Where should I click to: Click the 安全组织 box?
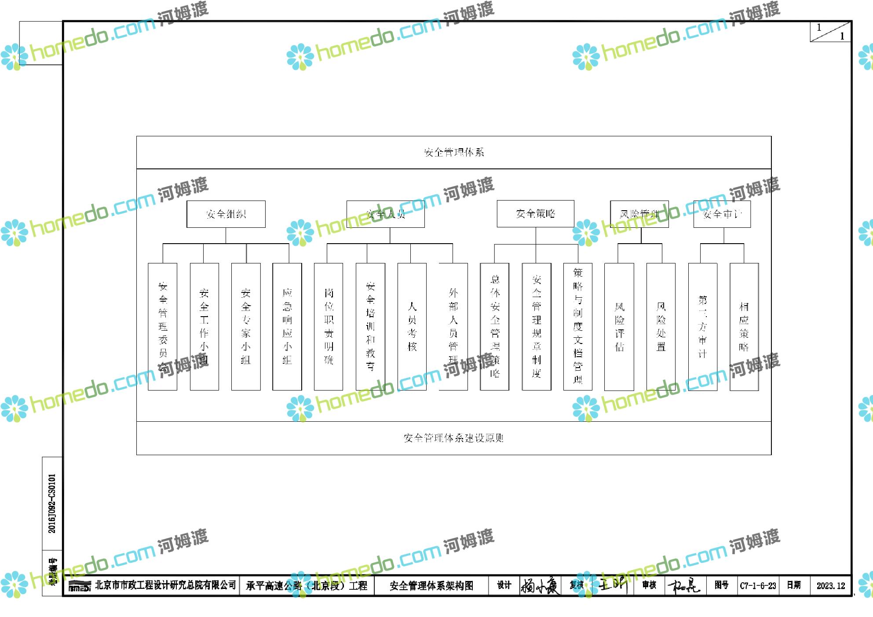point(226,214)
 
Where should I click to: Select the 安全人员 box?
point(385,214)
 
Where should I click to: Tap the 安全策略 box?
point(535,214)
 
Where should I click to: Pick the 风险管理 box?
point(639,214)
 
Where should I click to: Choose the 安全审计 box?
point(722,214)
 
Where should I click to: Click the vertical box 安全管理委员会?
point(162,326)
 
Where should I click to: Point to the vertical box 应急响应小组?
point(287,326)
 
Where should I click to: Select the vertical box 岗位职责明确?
point(329,326)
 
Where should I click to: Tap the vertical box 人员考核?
point(412,326)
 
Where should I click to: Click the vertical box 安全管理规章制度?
point(536,326)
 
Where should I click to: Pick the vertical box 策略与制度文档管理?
point(577,326)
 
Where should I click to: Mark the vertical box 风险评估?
point(619,326)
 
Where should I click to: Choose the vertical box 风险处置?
point(661,326)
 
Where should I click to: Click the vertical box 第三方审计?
point(702,326)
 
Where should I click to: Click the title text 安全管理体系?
point(453,153)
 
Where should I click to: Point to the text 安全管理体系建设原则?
point(453,438)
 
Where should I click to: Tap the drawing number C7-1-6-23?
point(758,586)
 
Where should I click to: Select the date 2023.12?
point(830,586)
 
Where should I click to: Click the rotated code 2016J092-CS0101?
point(52,504)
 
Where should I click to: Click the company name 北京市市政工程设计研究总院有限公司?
point(165,585)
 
